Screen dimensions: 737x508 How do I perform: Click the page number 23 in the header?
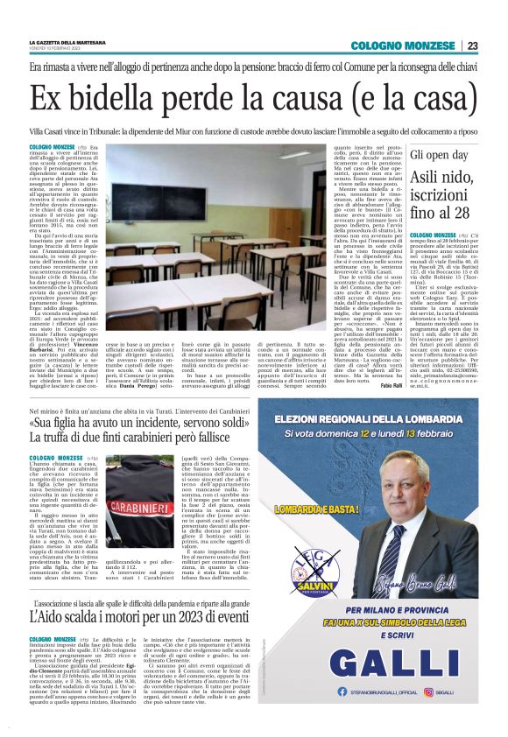click(x=472, y=46)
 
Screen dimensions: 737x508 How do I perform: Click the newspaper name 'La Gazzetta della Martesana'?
click(x=68, y=42)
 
